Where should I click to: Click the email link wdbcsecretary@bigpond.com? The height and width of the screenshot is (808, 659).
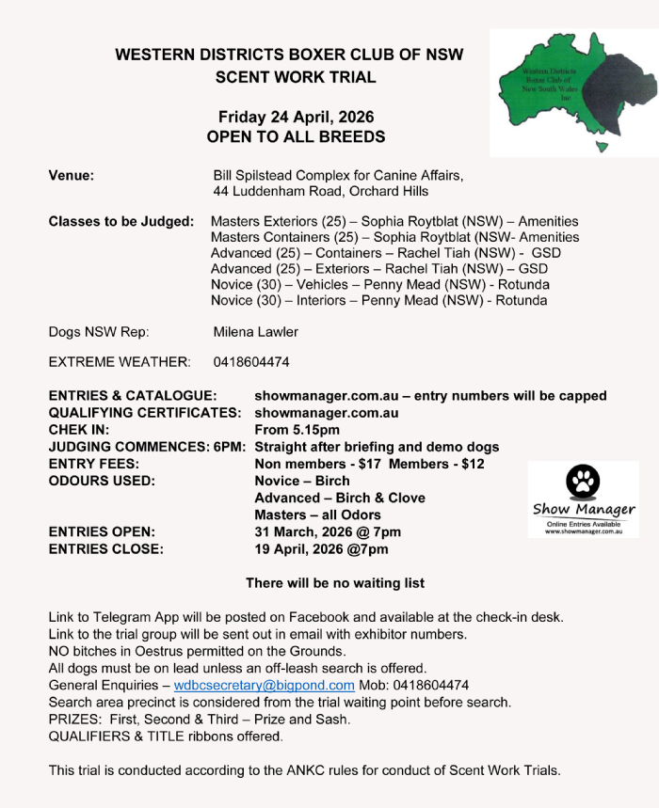pyautogui.click(x=264, y=685)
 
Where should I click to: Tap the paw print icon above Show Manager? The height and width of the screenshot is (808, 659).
pyautogui.click(x=583, y=483)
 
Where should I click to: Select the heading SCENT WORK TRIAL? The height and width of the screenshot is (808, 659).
pyautogui.click(x=296, y=77)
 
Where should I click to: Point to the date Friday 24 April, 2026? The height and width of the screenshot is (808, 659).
pyautogui.click(x=296, y=118)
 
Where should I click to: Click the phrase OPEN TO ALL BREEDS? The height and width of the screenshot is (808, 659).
pyautogui.click(x=296, y=136)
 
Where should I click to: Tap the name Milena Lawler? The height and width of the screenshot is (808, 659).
pyautogui.click(x=256, y=331)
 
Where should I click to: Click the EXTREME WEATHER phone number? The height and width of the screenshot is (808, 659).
pyautogui.click(x=251, y=361)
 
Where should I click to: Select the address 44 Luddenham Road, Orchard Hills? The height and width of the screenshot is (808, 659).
pyautogui.click(x=321, y=191)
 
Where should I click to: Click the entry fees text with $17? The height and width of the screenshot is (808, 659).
pyautogui.click(x=369, y=464)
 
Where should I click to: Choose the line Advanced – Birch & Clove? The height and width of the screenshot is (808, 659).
pyautogui.click(x=340, y=498)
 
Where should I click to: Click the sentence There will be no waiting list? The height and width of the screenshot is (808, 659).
pyautogui.click(x=335, y=583)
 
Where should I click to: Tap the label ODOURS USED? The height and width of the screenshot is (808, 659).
pyautogui.click(x=102, y=481)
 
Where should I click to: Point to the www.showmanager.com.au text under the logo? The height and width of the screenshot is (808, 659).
pyautogui.click(x=584, y=531)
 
